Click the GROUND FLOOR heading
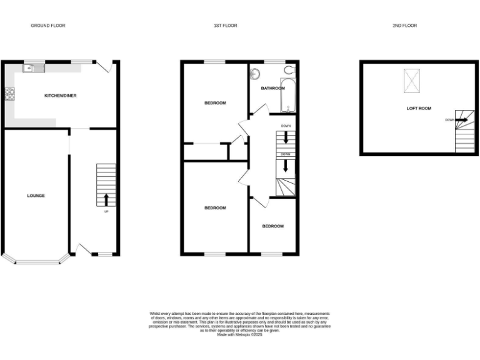48,26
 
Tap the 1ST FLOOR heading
225,26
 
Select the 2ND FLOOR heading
404,26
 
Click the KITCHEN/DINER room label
60,96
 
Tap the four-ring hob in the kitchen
10,94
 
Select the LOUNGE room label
36,196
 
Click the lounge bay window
36,261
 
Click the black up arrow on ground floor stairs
105,199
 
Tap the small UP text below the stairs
105,212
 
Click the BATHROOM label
273,89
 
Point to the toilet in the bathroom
289,70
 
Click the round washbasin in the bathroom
255,73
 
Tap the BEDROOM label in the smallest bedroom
272,226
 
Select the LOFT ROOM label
419,108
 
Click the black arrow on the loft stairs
461,120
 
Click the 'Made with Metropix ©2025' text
239,335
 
